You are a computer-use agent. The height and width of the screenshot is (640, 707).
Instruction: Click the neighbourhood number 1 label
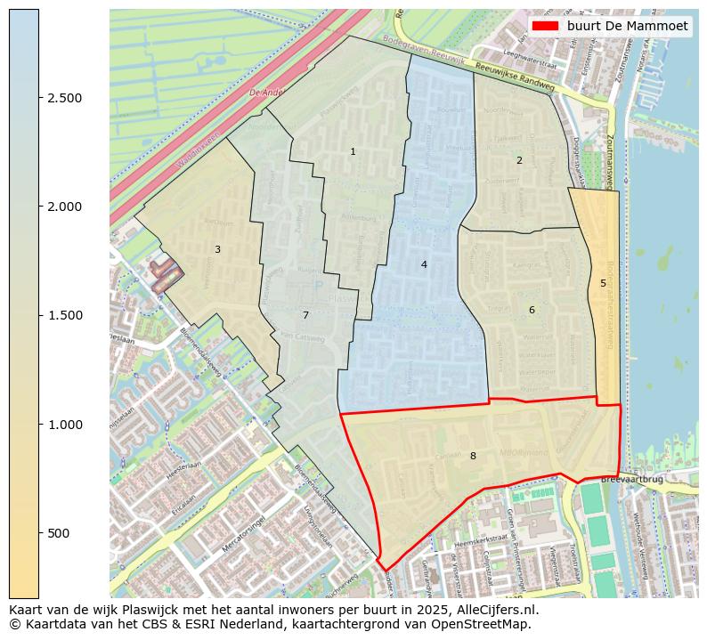[x=353, y=152]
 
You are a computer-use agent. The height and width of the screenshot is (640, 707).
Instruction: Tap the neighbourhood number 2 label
[x=519, y=161]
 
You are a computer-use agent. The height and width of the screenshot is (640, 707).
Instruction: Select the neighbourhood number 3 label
[x=217, y=250]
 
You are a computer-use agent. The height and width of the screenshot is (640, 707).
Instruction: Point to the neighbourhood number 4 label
[x=424, y=264]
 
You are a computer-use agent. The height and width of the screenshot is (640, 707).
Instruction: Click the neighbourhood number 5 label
[x=603, y=284]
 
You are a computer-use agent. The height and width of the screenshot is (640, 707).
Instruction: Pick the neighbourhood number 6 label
[x=532, y=311]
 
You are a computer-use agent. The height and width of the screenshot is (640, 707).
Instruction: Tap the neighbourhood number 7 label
[x=305, y=316]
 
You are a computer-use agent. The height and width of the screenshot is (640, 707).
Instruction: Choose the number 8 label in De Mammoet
[x=473, y=457]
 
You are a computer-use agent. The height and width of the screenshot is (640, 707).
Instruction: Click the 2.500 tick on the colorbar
[x=65, y=98]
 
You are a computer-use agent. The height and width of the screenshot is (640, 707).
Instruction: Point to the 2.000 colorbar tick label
[x=65, y=207]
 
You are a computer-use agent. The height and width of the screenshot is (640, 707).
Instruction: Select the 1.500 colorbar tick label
[x=65, y=315]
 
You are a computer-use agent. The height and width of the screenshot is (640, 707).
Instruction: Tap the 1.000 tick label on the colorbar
[x=65, y=425]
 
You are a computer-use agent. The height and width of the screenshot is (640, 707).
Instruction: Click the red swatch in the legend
[x=544, y=26]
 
